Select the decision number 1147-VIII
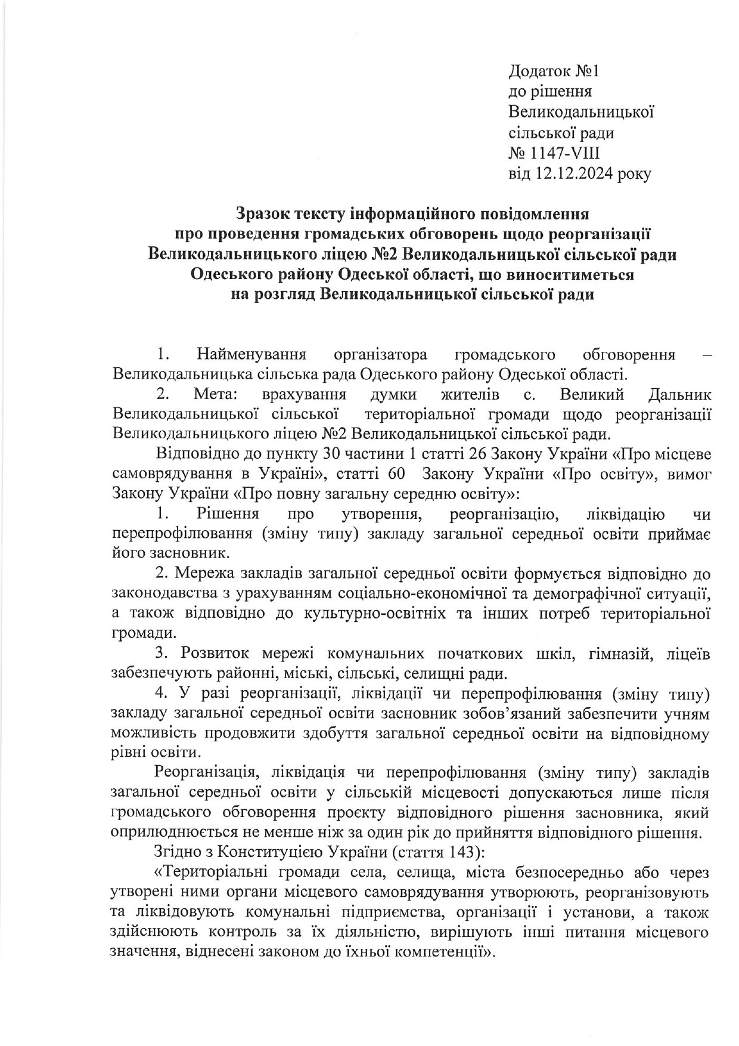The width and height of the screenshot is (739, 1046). pyautogui.click(x=566, y=153)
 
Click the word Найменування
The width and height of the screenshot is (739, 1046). pyautogui.click(x=251, y=355)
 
